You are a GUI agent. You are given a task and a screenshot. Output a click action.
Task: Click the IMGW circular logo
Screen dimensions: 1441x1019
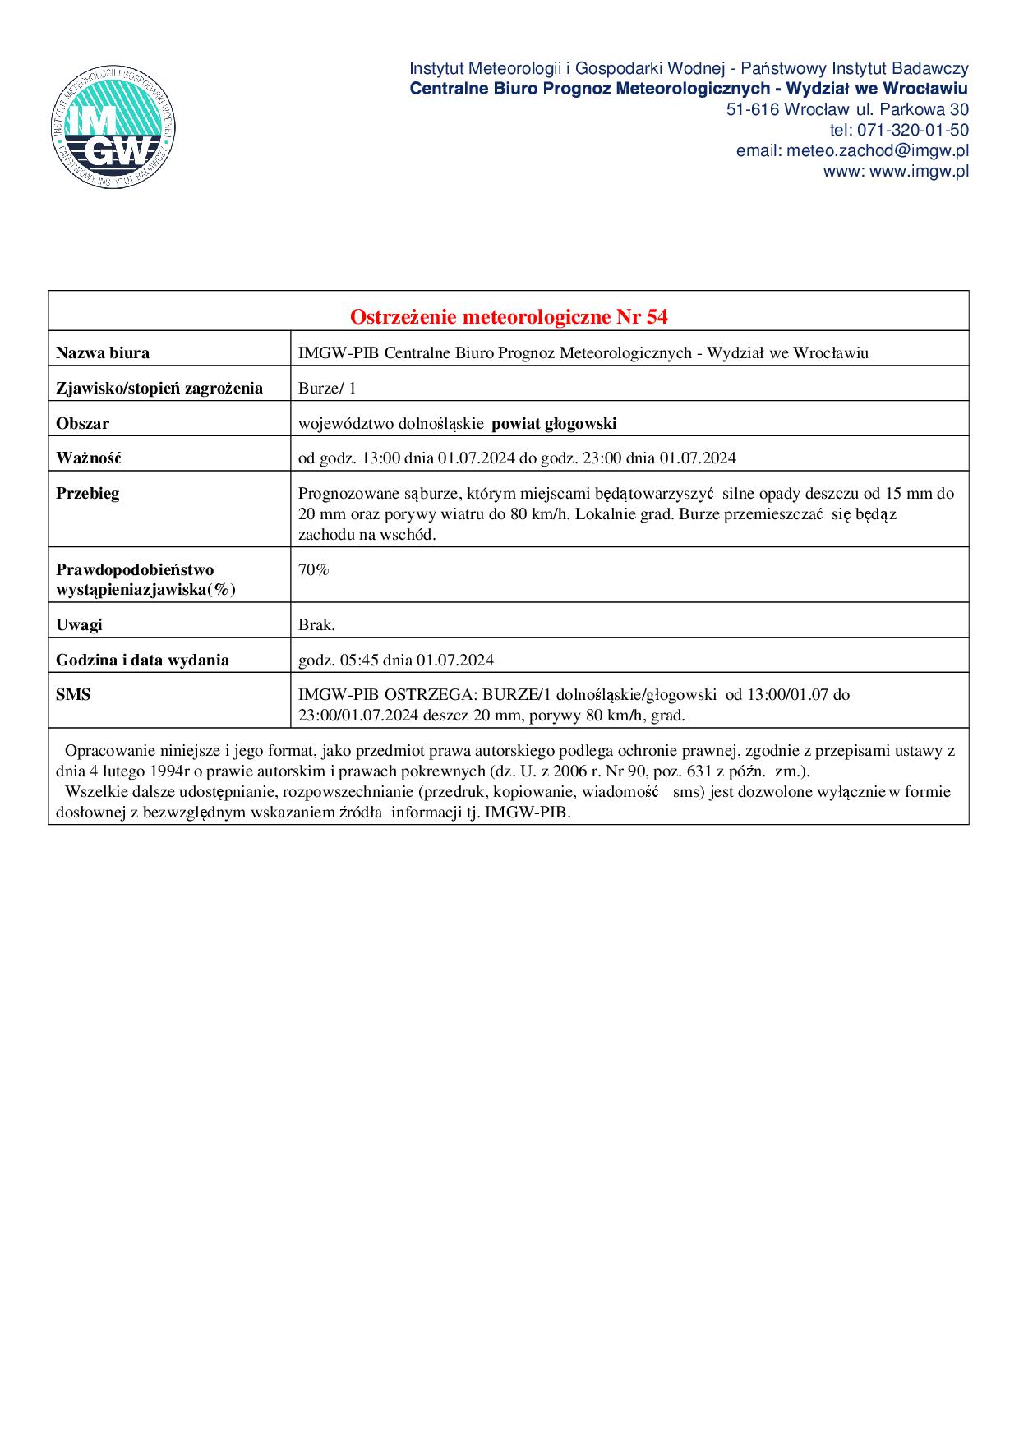[x=113, y=126]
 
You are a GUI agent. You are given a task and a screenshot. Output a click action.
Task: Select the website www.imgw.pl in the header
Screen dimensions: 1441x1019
[x=919, y=171]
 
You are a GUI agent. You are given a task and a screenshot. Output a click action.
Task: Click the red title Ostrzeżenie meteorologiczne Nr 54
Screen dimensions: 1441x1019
[x=508, y=316]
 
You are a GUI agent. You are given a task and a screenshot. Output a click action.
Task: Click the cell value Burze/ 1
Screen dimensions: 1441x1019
[x=326, y=389]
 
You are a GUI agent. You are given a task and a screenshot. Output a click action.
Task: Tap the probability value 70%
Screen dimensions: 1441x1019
[x=313, y=569]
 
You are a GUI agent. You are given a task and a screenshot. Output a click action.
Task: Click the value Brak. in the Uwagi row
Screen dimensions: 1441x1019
[x=316, y=624]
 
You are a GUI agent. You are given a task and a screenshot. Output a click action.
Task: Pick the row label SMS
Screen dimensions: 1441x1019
[x=73, y=695]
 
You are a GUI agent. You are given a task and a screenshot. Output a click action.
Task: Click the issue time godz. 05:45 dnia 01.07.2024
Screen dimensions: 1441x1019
[x=395, y=660]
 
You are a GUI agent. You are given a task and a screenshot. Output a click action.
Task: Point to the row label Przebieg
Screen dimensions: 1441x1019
[x=87, y=494]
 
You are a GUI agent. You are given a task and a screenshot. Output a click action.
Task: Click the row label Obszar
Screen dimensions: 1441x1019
[x=82, y=424]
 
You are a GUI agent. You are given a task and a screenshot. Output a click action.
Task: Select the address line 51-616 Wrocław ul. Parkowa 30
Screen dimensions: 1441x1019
[x=846, y=109]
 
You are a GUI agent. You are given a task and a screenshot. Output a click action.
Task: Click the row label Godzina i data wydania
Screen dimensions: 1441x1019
[x=142, y=660]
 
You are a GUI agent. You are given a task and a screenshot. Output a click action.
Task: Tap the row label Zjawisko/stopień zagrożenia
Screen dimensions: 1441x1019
[x=159, y=389]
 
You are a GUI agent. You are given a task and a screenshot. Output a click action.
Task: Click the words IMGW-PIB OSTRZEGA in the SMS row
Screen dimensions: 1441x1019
[x=385, y=695]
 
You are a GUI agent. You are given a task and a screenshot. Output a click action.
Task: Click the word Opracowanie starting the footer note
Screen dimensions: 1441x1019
[x=104, y=751]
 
